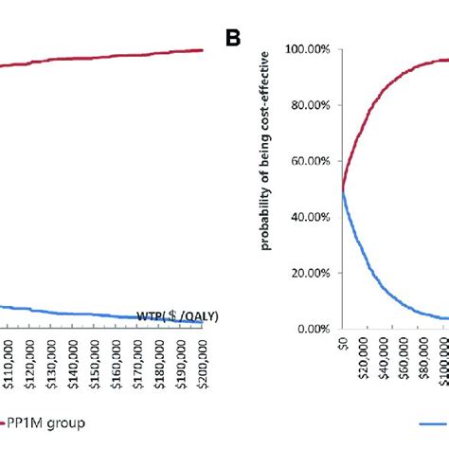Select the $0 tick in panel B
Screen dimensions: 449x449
point(343,344)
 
